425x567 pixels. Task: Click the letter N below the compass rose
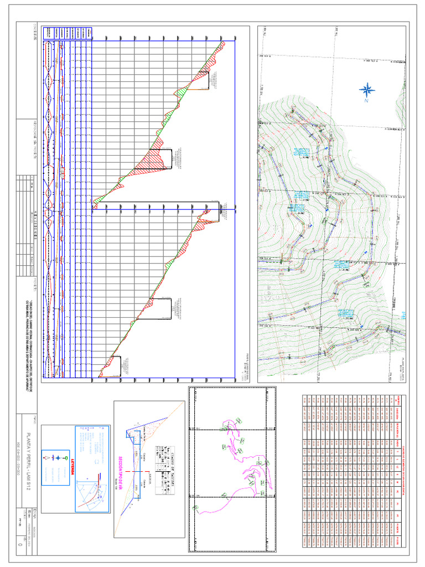tap(366, 101)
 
